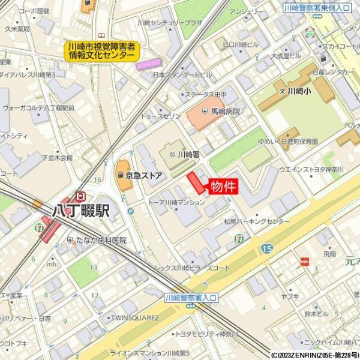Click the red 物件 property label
click(x=222, y=187)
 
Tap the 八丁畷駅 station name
click(x=80, y=211)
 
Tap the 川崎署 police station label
click(x=187, y=154)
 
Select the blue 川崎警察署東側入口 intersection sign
click(x=317, y=7)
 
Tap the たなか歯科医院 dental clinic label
click(x=100, y=240)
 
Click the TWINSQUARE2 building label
click(x=133, y=317)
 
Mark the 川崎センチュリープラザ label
click(x=169, y=23)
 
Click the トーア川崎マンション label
click(x=176, y=203)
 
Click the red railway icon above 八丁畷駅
click(x=80, y=196)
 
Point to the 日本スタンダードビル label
click(x=182, y=75)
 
